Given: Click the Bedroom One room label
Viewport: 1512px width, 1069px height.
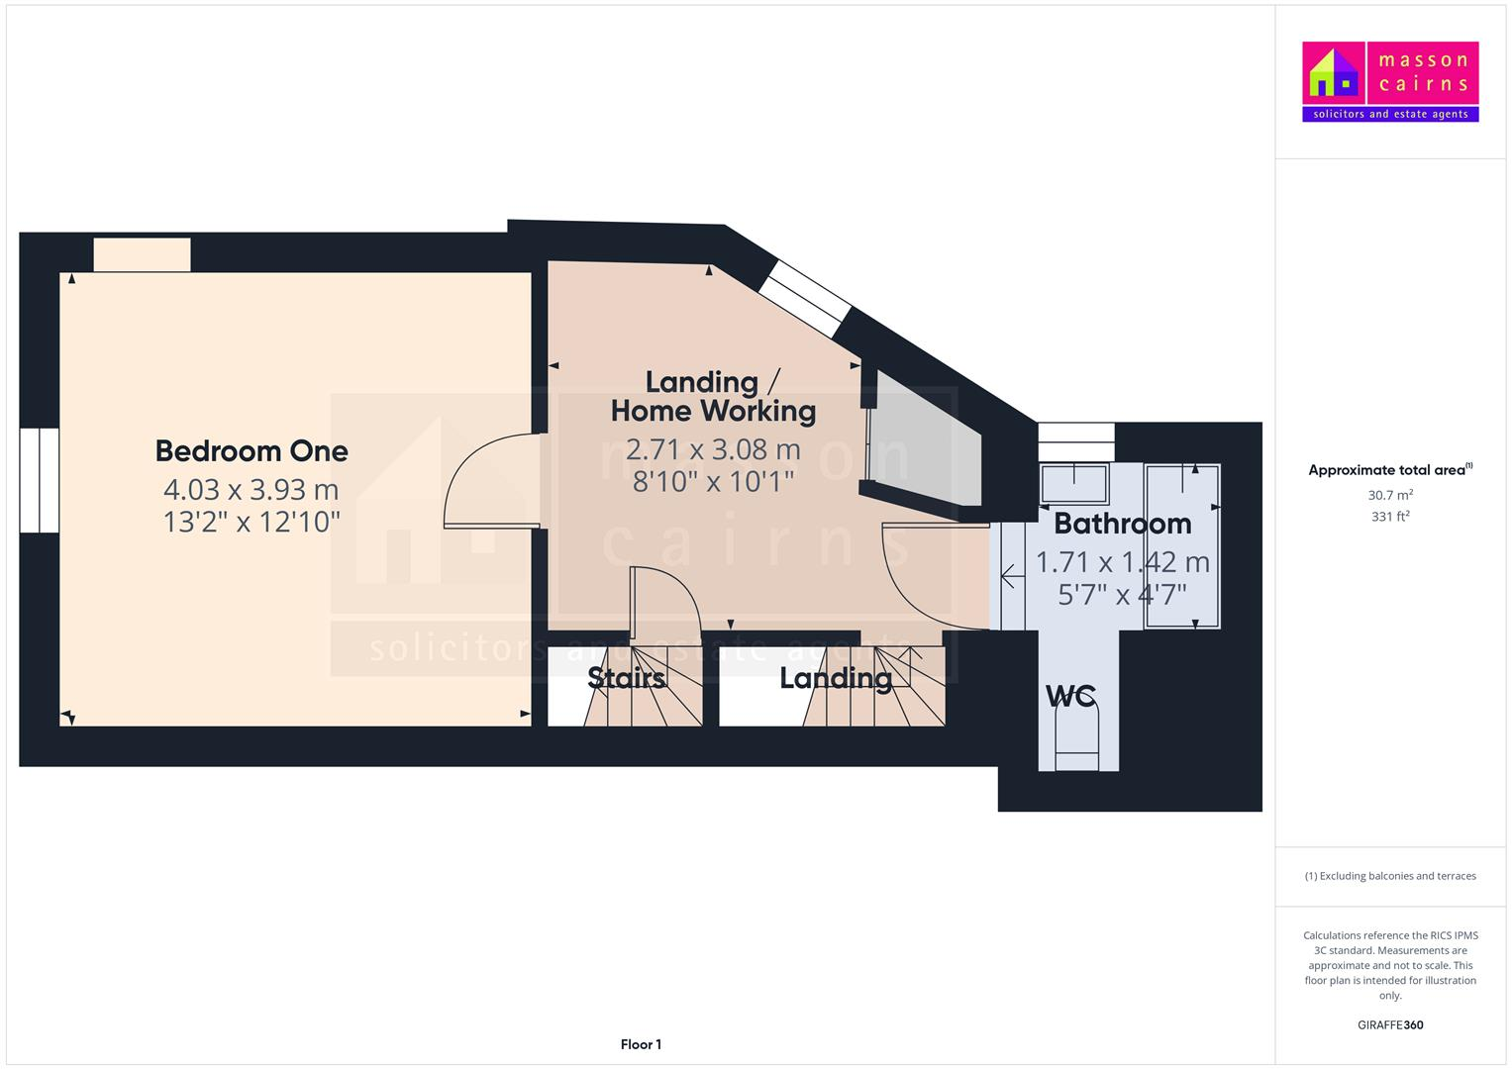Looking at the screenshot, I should tap(252, 451).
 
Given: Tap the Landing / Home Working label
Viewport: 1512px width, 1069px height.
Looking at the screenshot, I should tap(713, 396).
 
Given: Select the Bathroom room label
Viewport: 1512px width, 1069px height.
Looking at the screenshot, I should tap(1122, 524).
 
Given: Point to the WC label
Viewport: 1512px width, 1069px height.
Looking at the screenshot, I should tap(1070, 696).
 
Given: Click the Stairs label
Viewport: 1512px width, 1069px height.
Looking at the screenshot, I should tap(626, 678).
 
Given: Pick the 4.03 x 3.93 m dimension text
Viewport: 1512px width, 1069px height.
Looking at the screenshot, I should tap(252, 490).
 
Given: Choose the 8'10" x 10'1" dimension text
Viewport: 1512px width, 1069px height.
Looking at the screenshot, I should tap(713, 481).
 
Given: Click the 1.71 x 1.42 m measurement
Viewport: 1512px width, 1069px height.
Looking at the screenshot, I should tap(1122, 562).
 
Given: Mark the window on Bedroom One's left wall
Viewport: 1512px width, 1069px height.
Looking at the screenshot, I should tap(40, 480).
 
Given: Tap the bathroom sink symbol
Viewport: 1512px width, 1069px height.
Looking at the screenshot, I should tap(1073, 483).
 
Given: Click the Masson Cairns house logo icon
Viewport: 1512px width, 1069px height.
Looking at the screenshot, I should tap(1334, 73).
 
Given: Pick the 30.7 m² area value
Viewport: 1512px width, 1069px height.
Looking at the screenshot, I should tap(1390, 495).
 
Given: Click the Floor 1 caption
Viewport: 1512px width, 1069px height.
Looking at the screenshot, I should tap(641, 1044).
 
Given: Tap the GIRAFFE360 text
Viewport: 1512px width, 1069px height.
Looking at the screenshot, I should tap(1390, 1024).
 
